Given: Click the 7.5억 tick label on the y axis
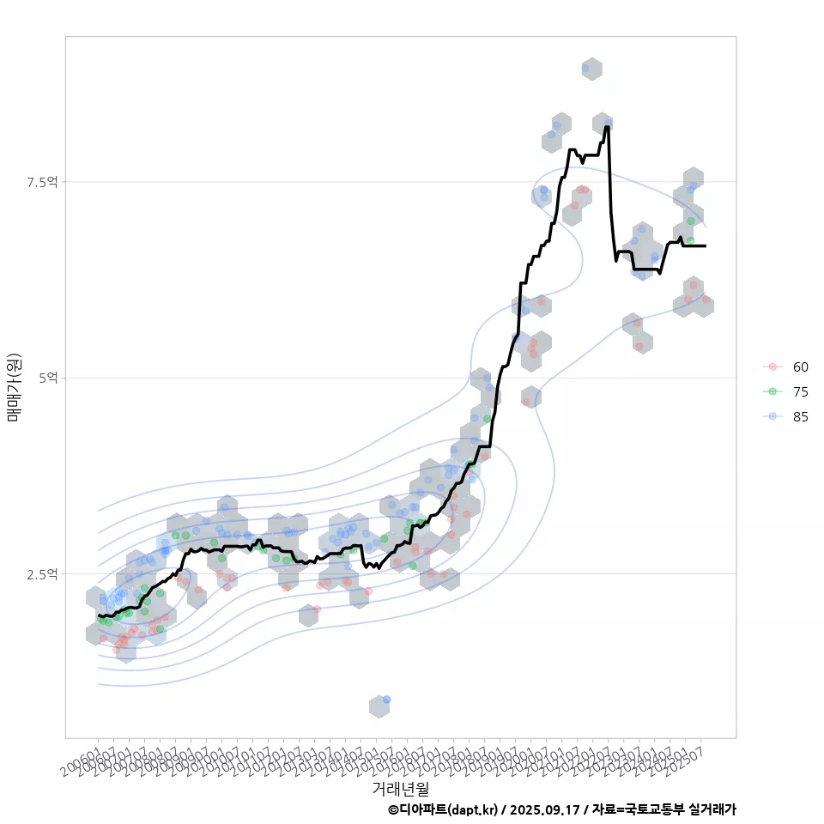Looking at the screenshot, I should pos(42,182).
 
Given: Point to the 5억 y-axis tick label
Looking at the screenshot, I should pos(48,378).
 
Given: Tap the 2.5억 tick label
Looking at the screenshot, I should pos(42,573).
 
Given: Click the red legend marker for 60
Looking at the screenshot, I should pos(772,367).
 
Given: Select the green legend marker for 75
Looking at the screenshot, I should pos(772,391).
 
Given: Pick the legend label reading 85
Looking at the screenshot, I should pos(800,416).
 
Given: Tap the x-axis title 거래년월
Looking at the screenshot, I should pos(400,788).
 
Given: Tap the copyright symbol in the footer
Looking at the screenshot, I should pos(393,809).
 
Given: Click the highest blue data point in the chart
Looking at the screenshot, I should pos(585,68).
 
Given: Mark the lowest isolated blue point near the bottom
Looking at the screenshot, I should pos(386,700).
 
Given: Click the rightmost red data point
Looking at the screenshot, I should pos(706,300).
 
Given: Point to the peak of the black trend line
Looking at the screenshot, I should pos(607,127).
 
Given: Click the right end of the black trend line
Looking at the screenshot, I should pos(706,246).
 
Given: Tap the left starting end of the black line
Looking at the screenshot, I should pos(99,615).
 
